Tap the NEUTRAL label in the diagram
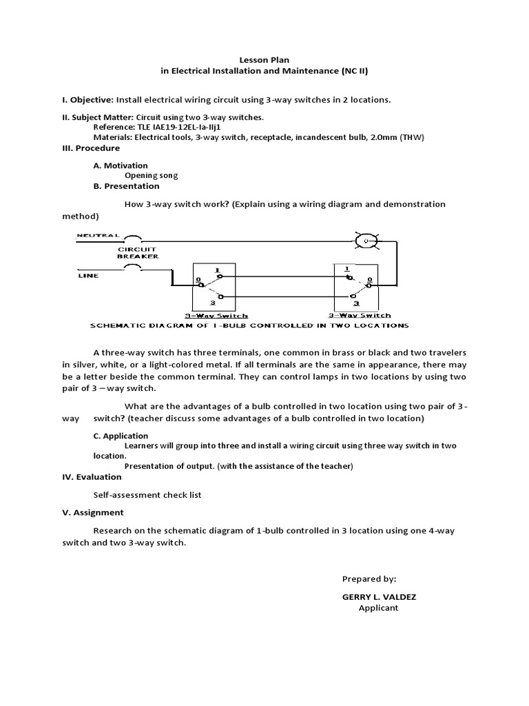tap(97, 235)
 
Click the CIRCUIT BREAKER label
tap(138, 252)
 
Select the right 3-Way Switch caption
tap(355, 314)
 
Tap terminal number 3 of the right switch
tap(355, 302)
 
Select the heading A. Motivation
tap(121, 165)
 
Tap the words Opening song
tap(151, 175)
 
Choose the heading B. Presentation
tap(126, 185)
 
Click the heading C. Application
tap(121, 436)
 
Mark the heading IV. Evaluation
tap(92, 476)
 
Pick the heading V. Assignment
tap(93, 512)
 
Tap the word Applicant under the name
tap(378, 608)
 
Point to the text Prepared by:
tap(369, 579)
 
